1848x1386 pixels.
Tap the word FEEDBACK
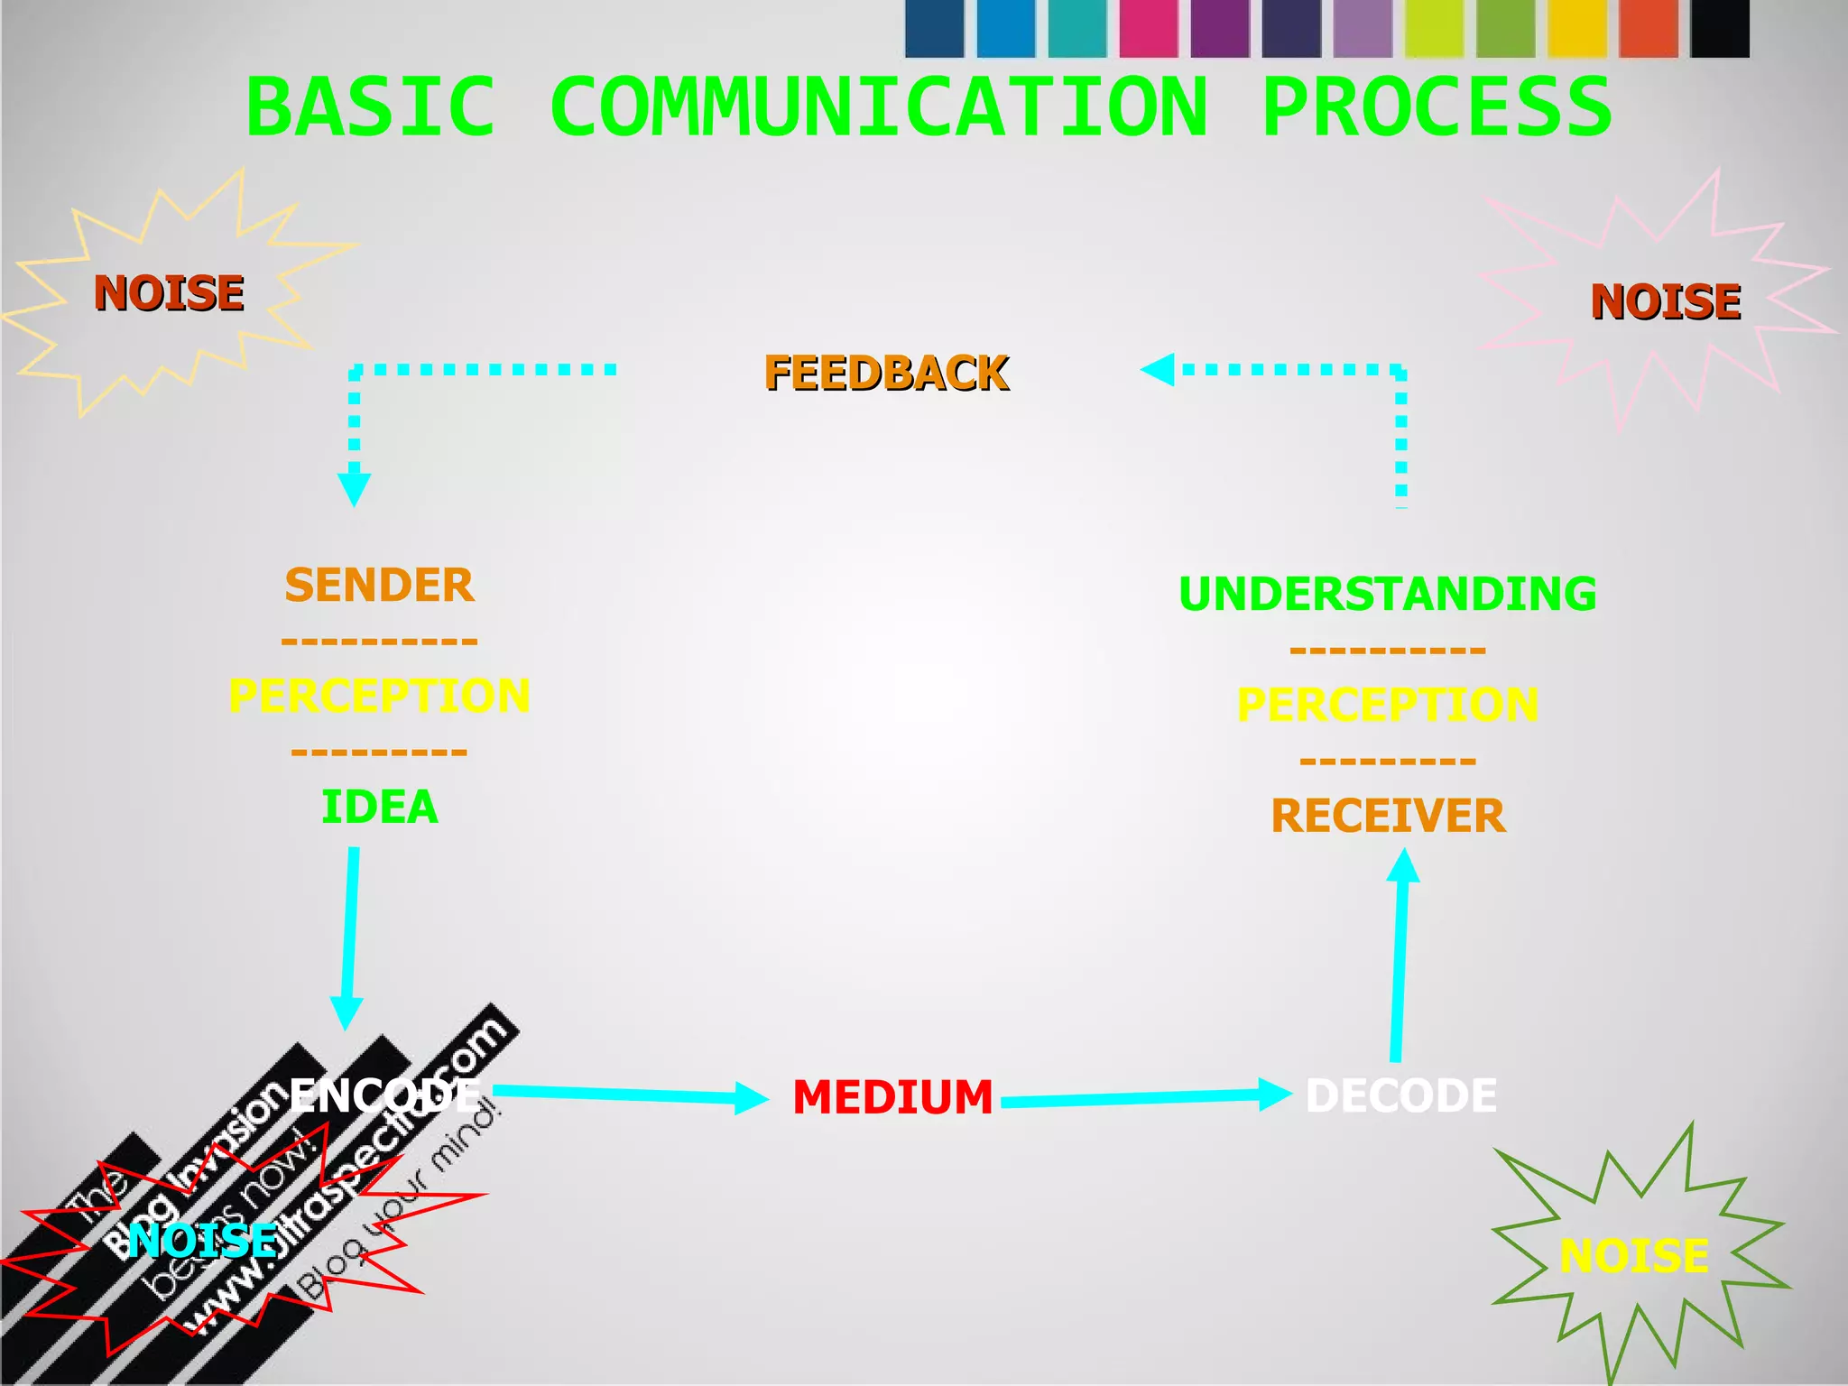coord(886,374)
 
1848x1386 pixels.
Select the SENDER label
coord(379,586)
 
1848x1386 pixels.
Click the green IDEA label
coord(380,807)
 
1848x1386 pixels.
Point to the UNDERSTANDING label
coord(1388,594)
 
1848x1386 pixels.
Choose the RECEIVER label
coord(1388,816)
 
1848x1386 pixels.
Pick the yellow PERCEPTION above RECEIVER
coord(1388,705)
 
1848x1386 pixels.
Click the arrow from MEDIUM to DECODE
coord(1146,1097)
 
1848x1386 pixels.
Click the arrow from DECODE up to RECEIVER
coord(1400,956)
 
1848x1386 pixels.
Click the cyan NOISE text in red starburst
coord(203,1240)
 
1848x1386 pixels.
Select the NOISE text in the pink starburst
coord(1666,301)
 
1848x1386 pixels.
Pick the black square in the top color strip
coord(1719,29)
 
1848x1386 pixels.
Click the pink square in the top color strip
coord(1148,29)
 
